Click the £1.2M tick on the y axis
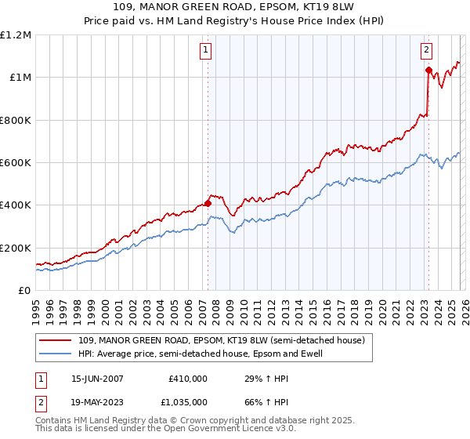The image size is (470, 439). click(16, 34)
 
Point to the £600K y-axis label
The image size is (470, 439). click(16, 163)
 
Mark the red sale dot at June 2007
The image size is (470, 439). click(208, 203)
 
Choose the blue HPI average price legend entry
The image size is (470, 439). click(199, 354)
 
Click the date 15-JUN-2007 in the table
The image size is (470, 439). click(98, 378)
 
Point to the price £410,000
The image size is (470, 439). click(188, 378)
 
